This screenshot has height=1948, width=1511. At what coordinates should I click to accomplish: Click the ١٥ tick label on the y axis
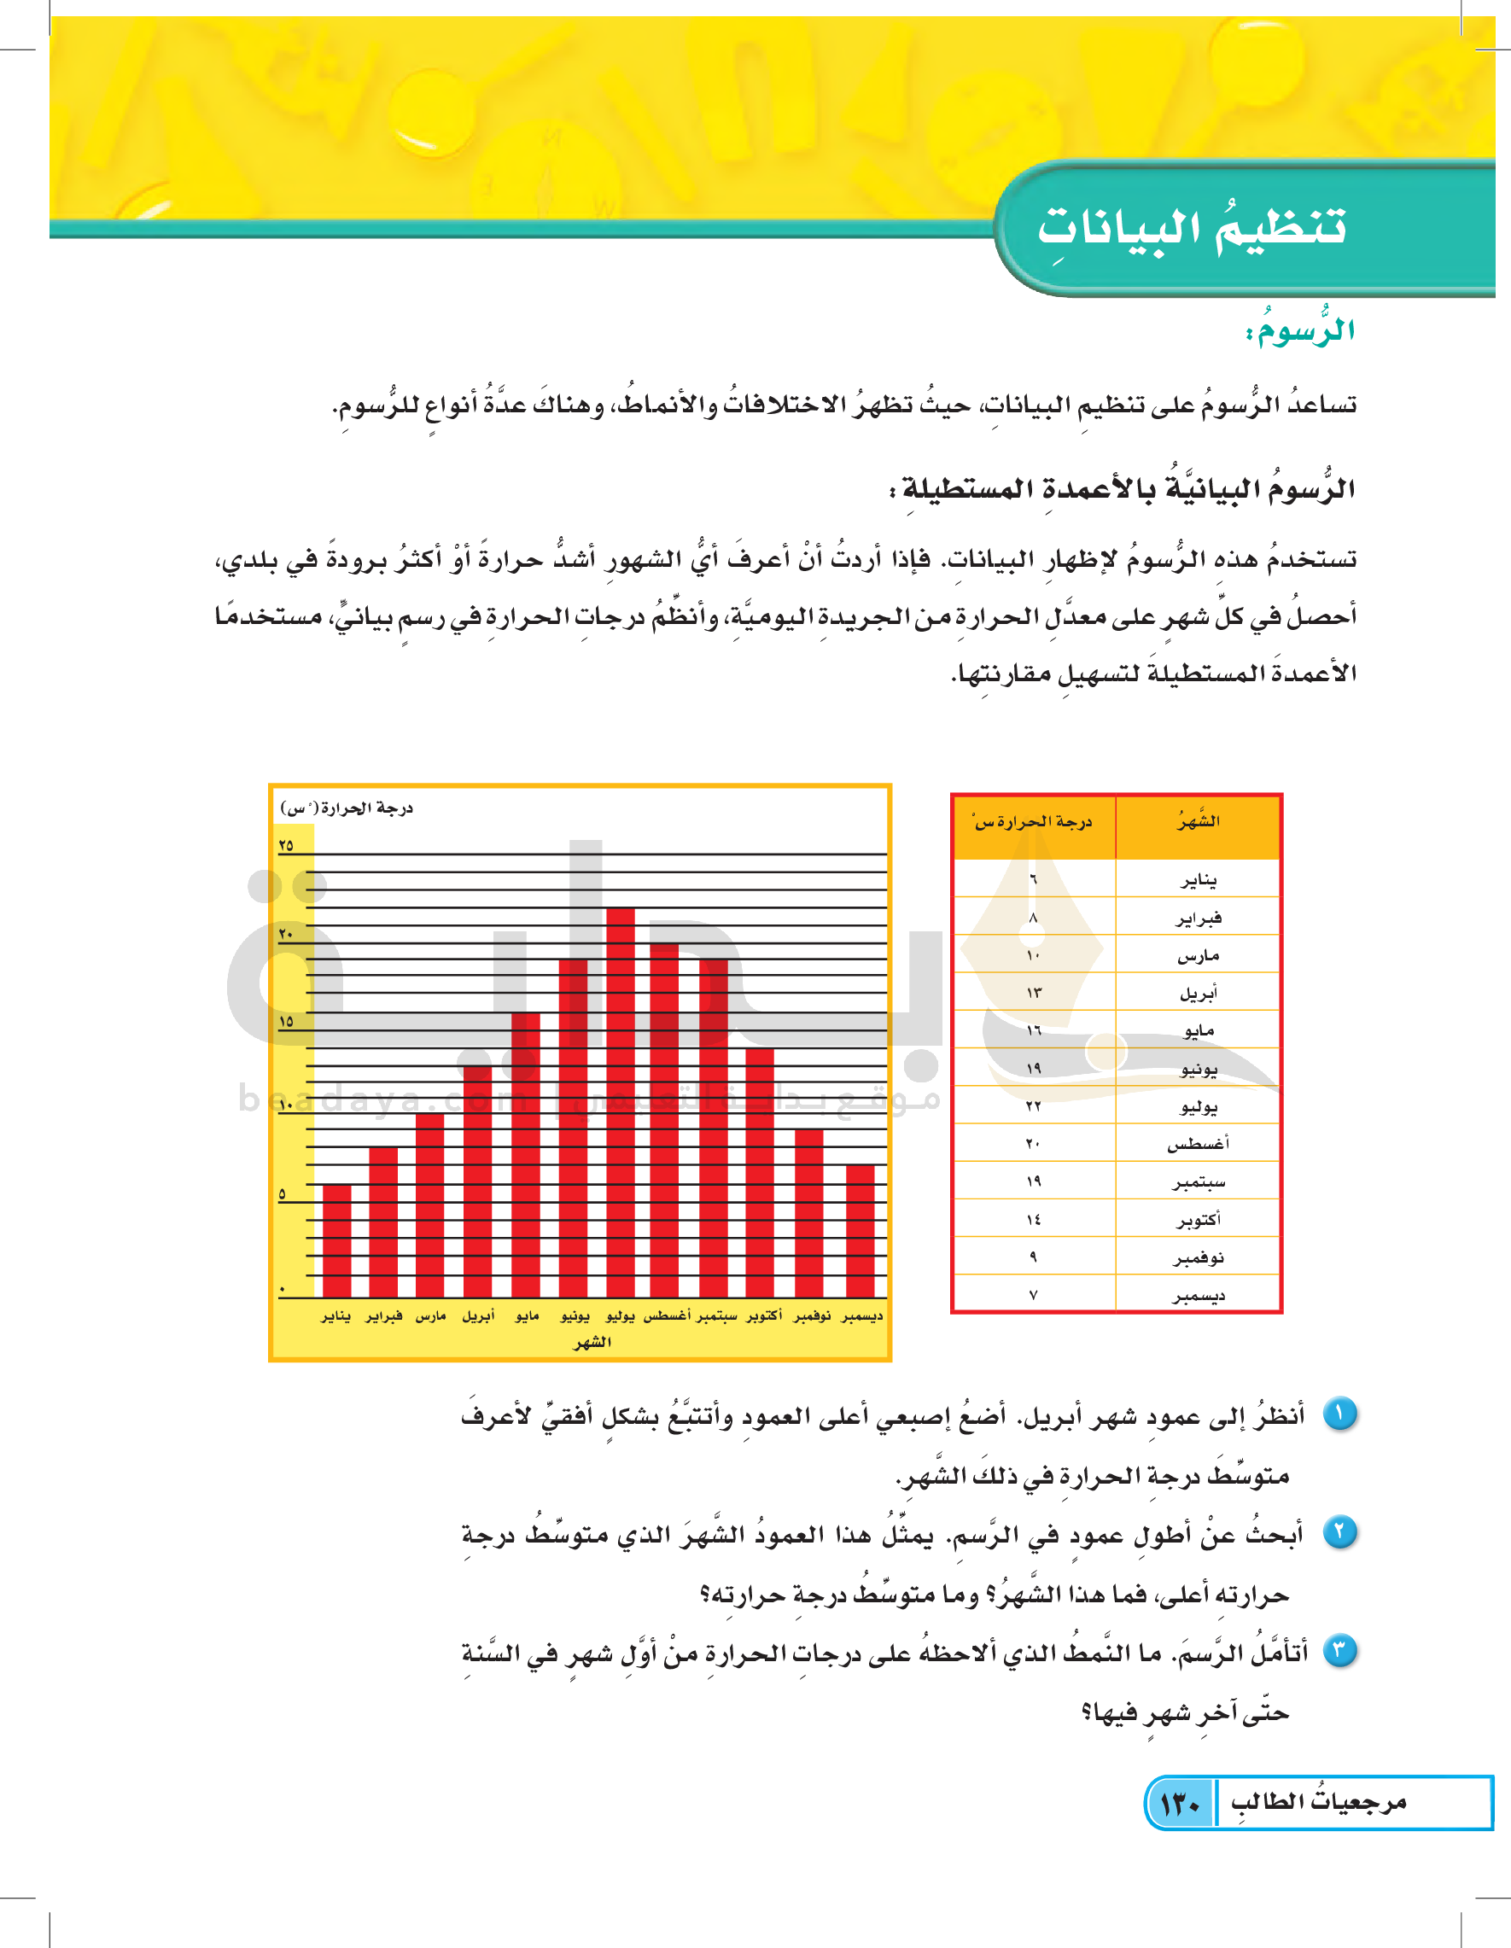click(x=285, y=1021)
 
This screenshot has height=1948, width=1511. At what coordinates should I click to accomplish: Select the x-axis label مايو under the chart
click(x=528, y=1315)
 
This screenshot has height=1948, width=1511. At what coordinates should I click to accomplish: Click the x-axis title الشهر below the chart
click(x=592, y=1341)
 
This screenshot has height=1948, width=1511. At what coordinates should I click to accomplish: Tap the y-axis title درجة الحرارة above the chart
click(x=347, y=808)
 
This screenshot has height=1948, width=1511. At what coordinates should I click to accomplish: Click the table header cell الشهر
click(x=1198, y=821)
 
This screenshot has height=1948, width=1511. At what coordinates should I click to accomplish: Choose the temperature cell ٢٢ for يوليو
click(x=1033, y=1106)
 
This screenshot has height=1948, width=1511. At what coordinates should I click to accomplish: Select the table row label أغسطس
click(x=1198, y=1144)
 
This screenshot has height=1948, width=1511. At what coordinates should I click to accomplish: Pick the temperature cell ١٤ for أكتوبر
click(x=1033, y=1219)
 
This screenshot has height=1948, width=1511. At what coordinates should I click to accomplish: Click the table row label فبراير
click(x=1198, y=918)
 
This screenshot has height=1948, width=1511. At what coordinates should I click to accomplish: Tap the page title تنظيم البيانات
click(x=1191, y=226)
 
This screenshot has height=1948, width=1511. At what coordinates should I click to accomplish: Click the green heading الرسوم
click(x=1299, y=331)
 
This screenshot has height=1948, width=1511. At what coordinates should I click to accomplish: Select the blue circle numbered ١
click(x=1339, y=1414)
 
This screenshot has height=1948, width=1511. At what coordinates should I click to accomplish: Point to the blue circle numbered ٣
click(x=1339, y=1651)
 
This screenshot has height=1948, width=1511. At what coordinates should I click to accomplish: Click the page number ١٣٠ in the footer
click(x=1180, y=1804)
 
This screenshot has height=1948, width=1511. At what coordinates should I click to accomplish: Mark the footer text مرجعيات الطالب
click(x=1318, y=1803)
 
